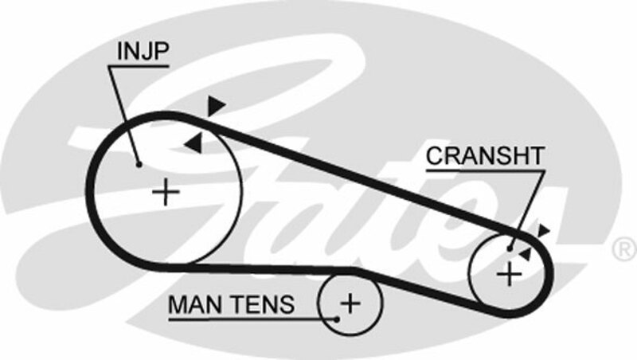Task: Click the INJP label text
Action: pyautogui.click(x=143, y=53)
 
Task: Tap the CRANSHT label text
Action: pyautogui.click(x=484, y=155)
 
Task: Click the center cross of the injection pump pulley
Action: pyautogui.click(x=166, y=192)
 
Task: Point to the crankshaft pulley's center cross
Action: pyautogui.click(x=508, y=274)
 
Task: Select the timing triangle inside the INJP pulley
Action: pyautogui.click(x=193, y=143)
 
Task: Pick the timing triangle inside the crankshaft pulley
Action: pyautogui.click(x=525, y=252)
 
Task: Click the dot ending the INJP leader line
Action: pyautogui.click(x=139, y=165)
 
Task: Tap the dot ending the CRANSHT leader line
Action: pyautogui.click(x=510, y=247)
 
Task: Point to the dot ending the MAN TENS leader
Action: pyautogui.click(x=338, y=317)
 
